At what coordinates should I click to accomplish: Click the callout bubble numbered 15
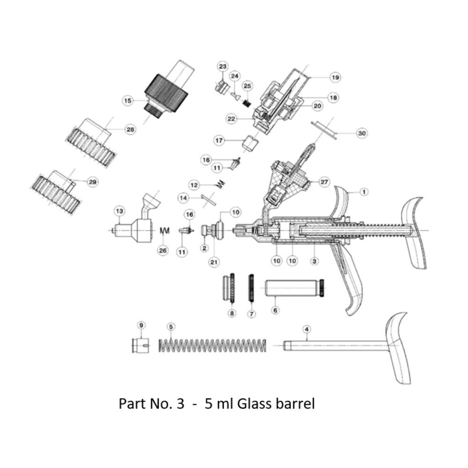point(127,100)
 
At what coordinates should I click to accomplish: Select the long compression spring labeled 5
point(213,346)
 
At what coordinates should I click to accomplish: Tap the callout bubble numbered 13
point(120,212)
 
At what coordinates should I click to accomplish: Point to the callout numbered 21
point(214,263)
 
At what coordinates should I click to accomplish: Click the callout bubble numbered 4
point(307,330)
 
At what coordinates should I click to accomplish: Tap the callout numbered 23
point(222,67)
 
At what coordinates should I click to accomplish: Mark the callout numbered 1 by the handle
point(364,191)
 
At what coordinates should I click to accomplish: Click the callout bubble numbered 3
point(314,260)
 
